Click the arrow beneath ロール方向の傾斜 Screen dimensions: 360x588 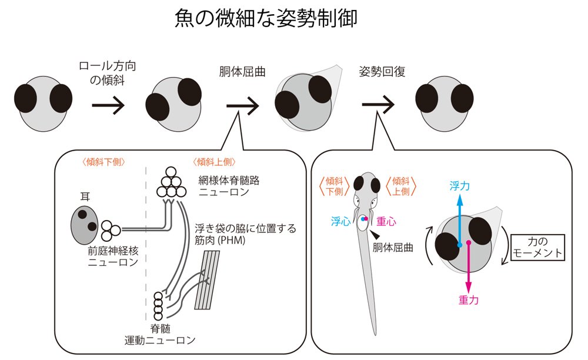pyautogui.click(x=108, y=106)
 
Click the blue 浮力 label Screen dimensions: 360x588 pyautogui.click(x=459, y=186)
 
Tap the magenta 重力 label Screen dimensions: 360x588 pyautogui.click(x=468, y=300)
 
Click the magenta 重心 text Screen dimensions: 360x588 pyautogui.click(x=386, y=222)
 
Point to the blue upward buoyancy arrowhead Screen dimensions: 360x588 pyautogui.click(x=459, y=200)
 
